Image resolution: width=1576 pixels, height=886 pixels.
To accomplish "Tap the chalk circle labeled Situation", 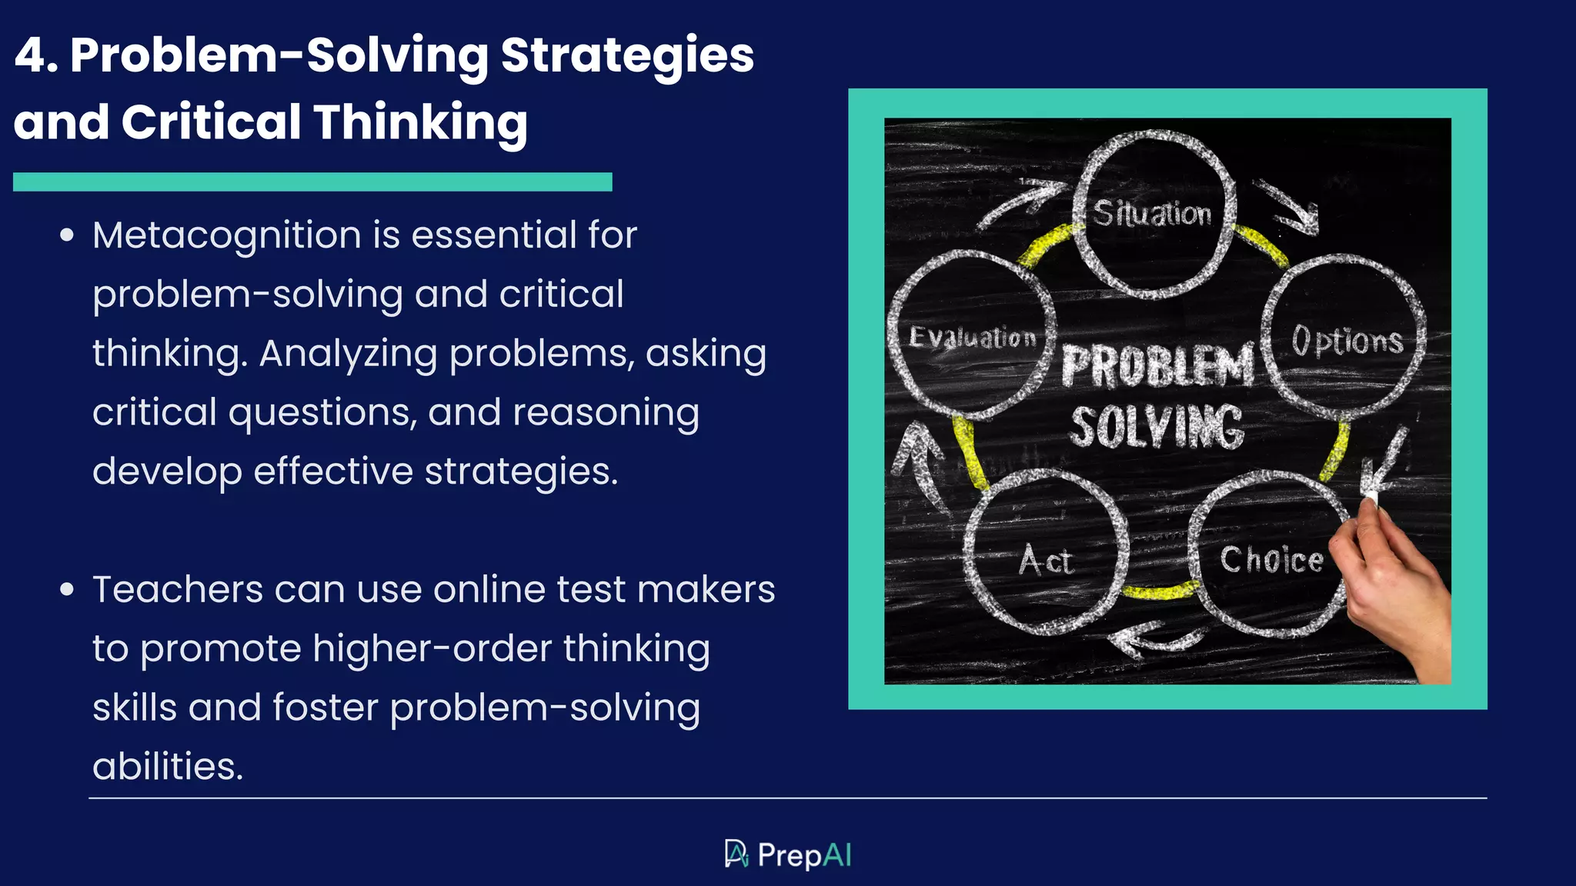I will click(1153, 214).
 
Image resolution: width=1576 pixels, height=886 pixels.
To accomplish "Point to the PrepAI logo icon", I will click(736, 854).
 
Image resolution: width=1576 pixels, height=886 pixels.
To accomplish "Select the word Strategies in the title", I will click(627, 55).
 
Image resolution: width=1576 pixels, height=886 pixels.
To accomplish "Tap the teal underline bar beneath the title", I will click(312, 182).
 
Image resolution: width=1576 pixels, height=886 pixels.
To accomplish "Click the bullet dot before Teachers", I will click(67, 590).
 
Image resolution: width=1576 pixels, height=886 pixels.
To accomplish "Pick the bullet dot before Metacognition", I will click(67, 235).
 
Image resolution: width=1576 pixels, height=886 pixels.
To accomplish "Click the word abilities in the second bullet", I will click(168, 767).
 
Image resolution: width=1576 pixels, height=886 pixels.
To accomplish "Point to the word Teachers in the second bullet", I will click(177, 590).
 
